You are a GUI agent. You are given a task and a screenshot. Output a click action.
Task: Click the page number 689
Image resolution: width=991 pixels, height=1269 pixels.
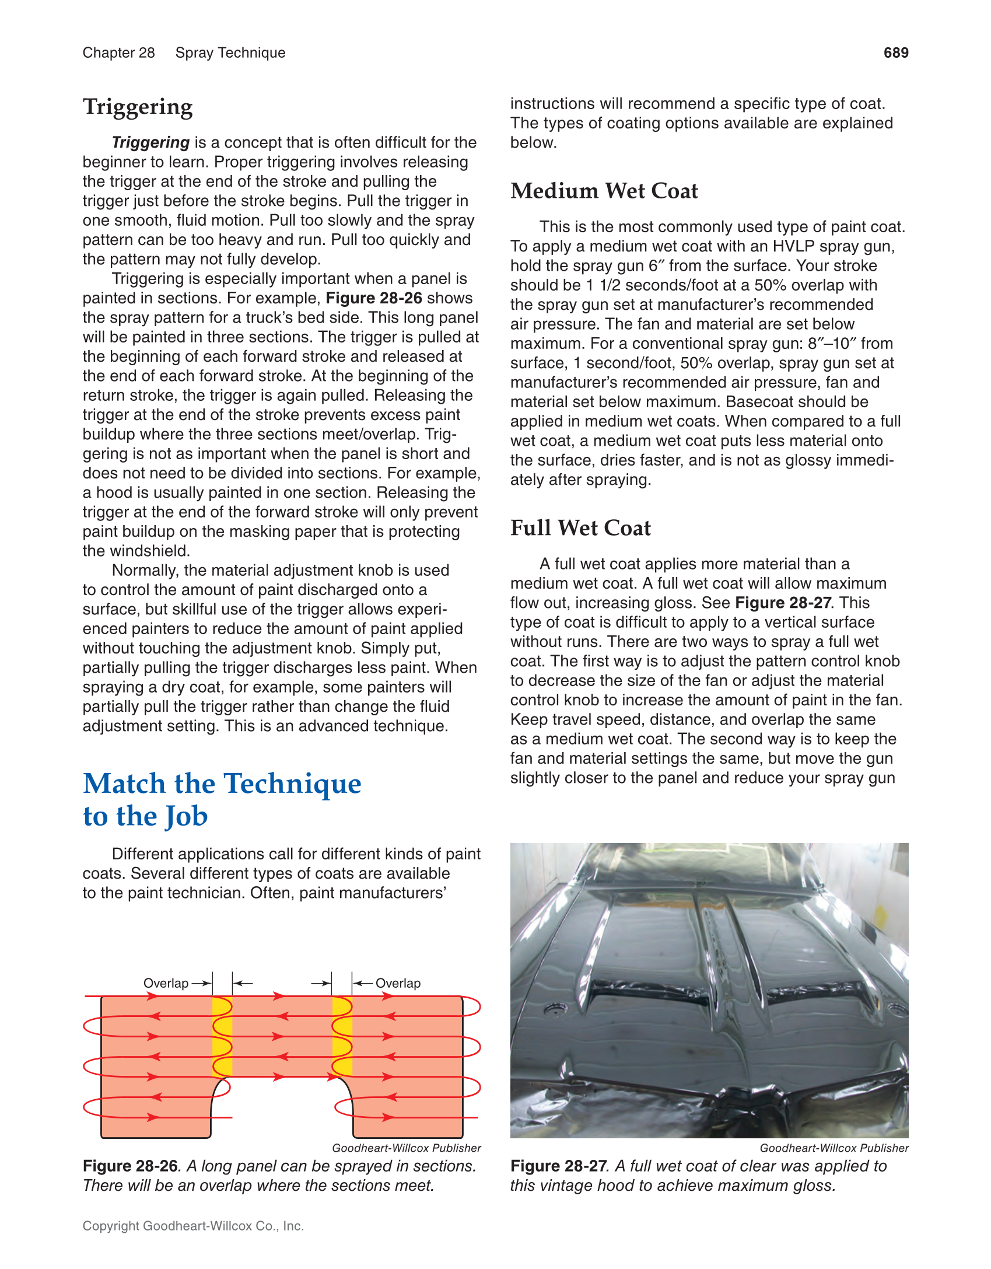coord(895,53)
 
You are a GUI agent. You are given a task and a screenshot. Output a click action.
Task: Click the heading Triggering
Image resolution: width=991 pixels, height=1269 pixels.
coord(138,108)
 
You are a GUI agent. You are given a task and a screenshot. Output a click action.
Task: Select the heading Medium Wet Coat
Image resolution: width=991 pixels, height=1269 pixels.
coord(604,191)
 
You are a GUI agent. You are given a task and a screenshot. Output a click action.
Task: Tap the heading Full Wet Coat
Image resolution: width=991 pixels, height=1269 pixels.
coord(580,528)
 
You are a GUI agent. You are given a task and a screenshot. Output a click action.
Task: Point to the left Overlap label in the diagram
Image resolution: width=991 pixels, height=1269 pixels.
coord(166,983)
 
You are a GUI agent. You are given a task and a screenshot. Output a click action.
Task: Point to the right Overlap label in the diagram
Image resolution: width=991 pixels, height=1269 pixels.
coord(398,983)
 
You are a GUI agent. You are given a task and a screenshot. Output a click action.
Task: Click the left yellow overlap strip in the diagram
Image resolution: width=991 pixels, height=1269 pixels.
coord(222,1037)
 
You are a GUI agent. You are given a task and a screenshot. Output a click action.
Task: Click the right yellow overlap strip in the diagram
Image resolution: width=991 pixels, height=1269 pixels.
coord(342,1037)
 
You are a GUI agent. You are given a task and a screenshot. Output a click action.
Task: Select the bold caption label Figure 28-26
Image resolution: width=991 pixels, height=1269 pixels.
coord(130,1166)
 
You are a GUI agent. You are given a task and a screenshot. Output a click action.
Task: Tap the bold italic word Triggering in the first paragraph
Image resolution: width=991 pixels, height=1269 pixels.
coord(150,143)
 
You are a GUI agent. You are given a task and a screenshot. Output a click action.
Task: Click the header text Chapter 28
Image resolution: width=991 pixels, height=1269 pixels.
coord(118,53)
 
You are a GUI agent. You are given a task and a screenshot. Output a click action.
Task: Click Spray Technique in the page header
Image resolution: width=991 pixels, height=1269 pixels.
coord(230,53)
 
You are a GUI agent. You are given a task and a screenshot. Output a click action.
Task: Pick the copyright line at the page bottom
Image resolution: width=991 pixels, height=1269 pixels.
coord(193,1226)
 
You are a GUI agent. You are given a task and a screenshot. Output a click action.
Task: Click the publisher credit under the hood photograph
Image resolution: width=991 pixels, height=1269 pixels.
coord(834,1148)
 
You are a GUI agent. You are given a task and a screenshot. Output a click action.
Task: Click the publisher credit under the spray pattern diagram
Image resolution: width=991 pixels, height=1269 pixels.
coord(406,1148)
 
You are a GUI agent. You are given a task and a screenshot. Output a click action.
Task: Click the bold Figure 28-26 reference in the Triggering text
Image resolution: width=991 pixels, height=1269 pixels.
coord(373,298)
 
